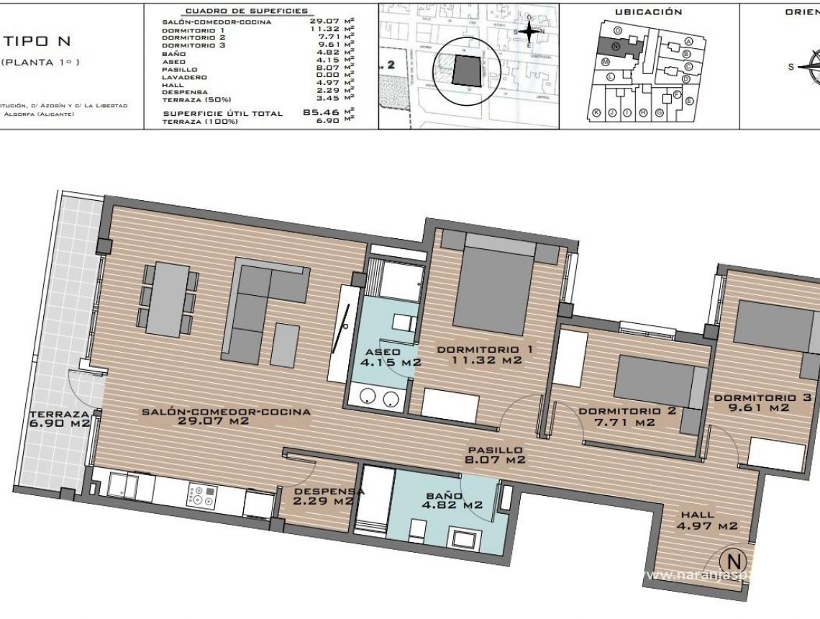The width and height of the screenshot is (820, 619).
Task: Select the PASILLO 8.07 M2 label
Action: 496,453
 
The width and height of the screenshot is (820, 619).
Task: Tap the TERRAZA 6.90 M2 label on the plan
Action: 60,418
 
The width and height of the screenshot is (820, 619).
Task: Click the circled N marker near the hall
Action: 733,559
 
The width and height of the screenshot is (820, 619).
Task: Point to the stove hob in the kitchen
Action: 201,495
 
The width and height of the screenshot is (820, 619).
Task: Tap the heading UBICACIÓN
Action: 648,12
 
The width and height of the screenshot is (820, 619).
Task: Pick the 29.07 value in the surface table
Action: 320,22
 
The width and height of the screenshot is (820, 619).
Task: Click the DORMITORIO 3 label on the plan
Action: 763,402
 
